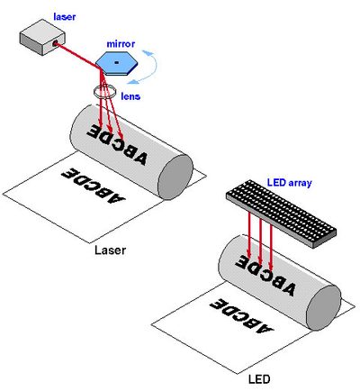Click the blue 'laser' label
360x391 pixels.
coord(65,17)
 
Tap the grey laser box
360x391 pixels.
coord(42,37)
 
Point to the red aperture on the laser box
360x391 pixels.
coord(55,43)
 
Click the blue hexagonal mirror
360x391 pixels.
coord(117,63)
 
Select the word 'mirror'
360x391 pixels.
coord(121,44)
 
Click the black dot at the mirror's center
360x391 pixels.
coord(117,62)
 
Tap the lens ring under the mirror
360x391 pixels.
coord(104,92)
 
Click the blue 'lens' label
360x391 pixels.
coord(130,96)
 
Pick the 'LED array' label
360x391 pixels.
coord(290,183)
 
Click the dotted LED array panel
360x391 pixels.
coord(281,214)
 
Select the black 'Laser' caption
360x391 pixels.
coord(110,250)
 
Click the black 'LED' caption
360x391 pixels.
coord(259,379)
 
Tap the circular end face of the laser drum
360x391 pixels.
coord(175,177)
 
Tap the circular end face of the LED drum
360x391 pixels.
coord(324,308)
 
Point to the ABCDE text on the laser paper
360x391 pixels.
coord(94,186)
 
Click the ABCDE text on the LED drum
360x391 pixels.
coord(265,276)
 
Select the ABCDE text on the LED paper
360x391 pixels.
coord(242,316)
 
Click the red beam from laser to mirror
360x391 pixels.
coord(79,56)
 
